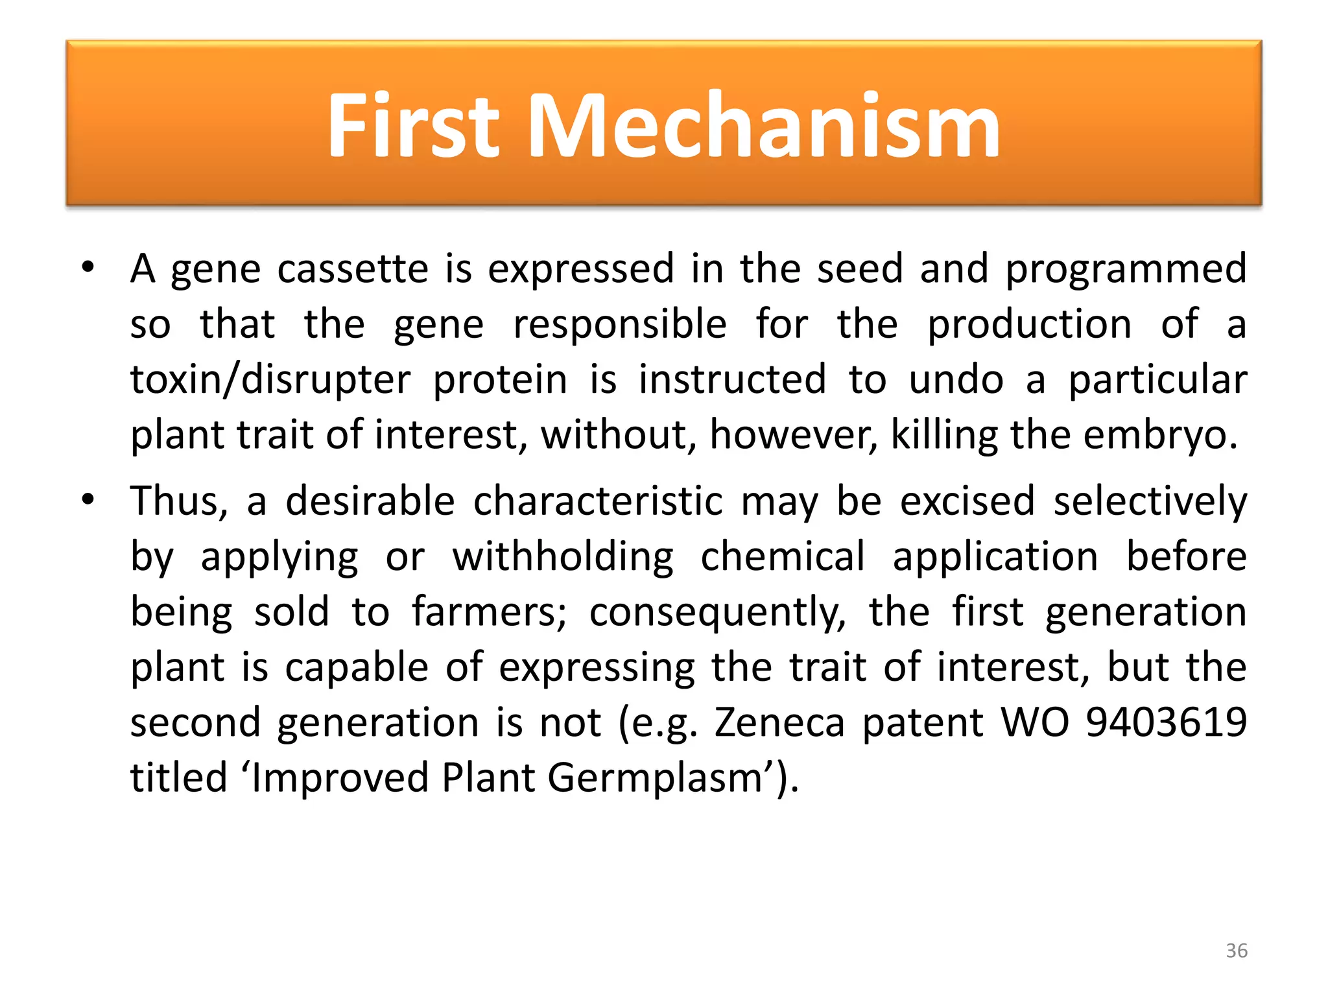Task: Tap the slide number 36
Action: click(x=1237, y=951)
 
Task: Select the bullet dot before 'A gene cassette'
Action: click(x=88, y=267)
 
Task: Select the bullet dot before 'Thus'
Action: click(x=88, y=500)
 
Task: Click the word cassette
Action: click(x=353, y=269)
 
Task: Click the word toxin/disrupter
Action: click(x=270, y=381)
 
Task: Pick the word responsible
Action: click(x=620, y=324)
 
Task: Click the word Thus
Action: click(x=179, y=502)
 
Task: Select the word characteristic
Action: click(x=597, y=502)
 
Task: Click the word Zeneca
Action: click(x=779, y=723)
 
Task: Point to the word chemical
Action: click(x=783, y=557)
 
